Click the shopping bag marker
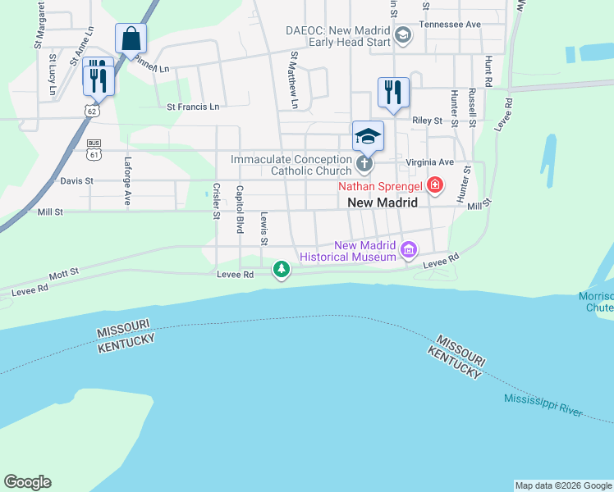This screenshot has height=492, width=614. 131,39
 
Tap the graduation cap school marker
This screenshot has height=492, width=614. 369,136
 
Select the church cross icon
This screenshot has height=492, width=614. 365,165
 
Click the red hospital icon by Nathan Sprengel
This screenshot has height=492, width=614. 434,186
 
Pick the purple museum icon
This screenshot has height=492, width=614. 408,248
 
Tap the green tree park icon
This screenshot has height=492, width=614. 282,270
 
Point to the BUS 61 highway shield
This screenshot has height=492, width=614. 94,148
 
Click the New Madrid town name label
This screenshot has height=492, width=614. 383,203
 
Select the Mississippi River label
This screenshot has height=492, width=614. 543,405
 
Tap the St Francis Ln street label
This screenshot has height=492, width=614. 193,107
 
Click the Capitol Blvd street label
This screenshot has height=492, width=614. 240,209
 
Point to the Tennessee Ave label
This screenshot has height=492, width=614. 450,25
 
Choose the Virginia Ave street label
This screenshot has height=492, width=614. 436,162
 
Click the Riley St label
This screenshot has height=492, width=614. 427,121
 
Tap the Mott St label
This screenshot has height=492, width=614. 62,271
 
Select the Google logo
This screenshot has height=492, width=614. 27,482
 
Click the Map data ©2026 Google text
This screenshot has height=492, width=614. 563,485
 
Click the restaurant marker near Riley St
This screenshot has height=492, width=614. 393,92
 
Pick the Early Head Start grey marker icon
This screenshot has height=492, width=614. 403,34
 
